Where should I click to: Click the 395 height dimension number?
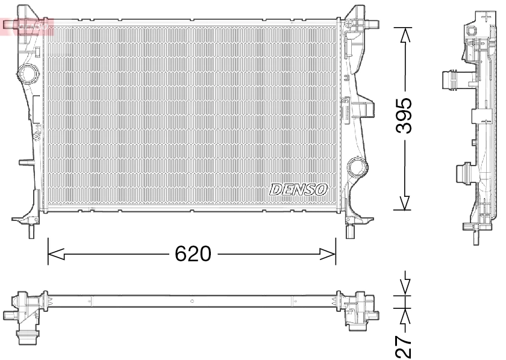click(404, 116)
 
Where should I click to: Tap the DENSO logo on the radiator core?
click(299, 189)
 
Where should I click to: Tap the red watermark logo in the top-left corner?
click(27, 25)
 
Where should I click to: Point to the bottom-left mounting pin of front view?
click(31, 232)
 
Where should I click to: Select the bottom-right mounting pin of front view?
click(351, 232)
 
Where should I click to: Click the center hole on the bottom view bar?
click(192, 300)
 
